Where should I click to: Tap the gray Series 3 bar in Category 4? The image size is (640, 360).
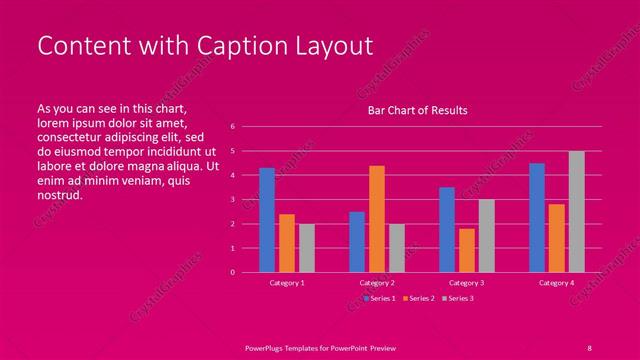pyautogui.click(x=576, y=212)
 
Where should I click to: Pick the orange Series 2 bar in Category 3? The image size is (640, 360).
pyautogui.click(x=466, y=250)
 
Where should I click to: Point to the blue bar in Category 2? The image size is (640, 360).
pyautogui.click(x=357, y=242)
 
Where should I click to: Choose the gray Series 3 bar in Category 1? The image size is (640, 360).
pyautogui.click(x=307, y=248)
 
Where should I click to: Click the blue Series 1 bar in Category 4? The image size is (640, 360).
pyautogui.click(x=537, y=218)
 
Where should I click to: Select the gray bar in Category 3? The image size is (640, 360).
pyautogui.click(x=486, y=236)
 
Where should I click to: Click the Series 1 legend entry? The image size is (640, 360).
pyautogui.click(x=381, y=298)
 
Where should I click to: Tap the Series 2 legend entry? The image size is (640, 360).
pyautogui.click(x=420, y=298)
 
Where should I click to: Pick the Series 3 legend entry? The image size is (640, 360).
pyautogui.click(x=459, y=298)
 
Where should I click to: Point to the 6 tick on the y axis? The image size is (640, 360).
pyautogui.click(x=232, y=127)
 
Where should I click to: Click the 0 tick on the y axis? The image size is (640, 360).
pyautogui.click(x=232, y=272)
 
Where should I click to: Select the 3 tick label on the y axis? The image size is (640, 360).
pyautogui.click(x=232, y=200)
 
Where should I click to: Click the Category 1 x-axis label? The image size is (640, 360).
pyautogui.click(x=287, y=283)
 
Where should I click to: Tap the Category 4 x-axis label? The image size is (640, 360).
pyautogui.click(x=556, y=283)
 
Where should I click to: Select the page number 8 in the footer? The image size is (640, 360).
pyautogui.click(x=589, y=346)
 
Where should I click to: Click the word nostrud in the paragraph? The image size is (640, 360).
pyautogui.click(x=59, y=195)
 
